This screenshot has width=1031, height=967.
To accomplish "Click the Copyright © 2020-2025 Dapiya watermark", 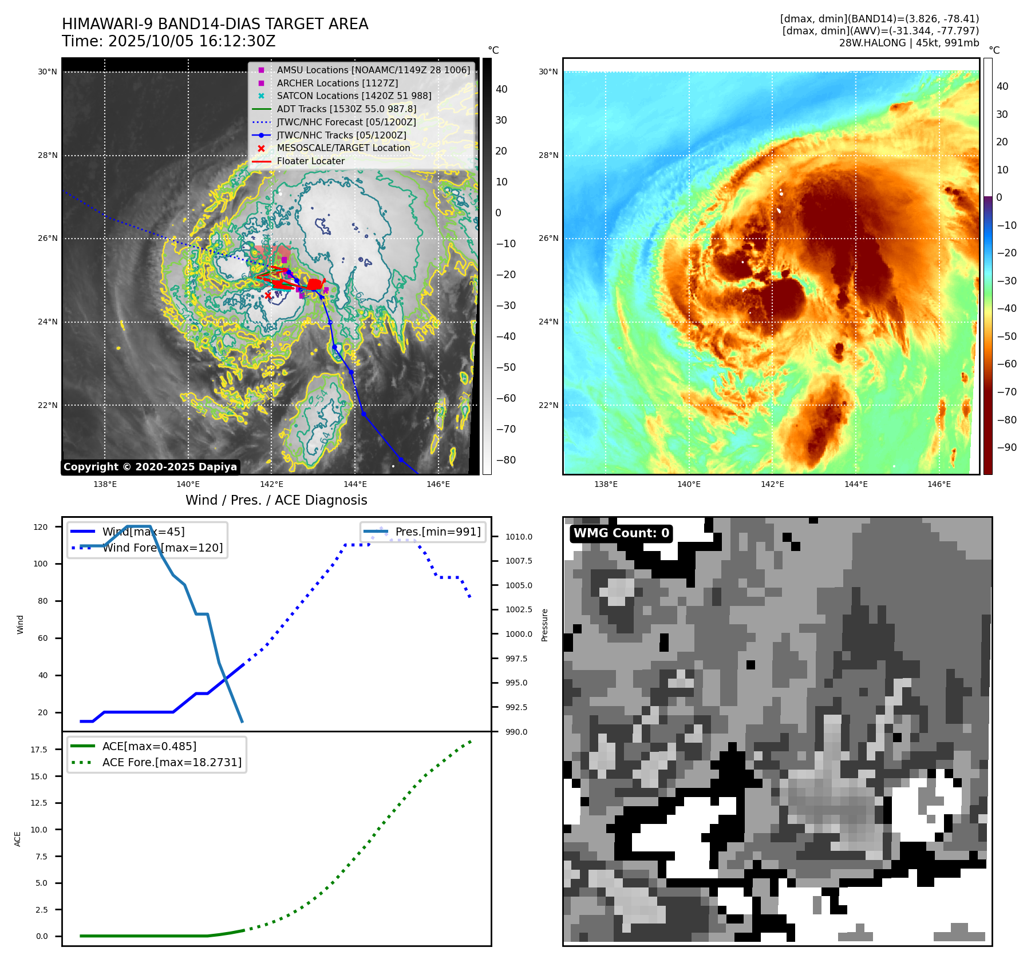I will (x=150, y=467).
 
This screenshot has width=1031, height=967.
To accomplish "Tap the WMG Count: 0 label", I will (x=621, y=533).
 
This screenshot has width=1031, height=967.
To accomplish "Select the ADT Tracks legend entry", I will (x=346, y=109).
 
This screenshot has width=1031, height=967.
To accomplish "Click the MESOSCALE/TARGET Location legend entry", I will (x=343, y=148).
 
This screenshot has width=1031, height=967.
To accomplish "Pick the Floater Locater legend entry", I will (x=310, y=161).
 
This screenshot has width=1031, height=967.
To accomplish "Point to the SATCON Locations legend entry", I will (x=354, y=96).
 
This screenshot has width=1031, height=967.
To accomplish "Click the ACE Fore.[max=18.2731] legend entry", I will (x=172, y=762).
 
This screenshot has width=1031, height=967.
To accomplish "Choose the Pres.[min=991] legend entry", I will (x=438, y=532).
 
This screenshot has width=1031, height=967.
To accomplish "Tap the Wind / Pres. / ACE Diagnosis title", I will (x=276, y=500).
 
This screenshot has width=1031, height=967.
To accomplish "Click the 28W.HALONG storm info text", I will (x=909, y=43).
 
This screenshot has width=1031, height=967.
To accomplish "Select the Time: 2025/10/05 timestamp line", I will (x=169, y=41).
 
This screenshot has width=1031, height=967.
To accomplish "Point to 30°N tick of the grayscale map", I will (x=48, y=72).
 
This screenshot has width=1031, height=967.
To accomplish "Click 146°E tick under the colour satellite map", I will (x=939, y=484).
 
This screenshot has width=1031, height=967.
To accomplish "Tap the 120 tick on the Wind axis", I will (x=41, y=527).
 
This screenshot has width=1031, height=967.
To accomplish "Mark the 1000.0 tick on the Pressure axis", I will (x=519, y=634).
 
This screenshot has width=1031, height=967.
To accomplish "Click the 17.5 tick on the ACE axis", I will (x=39, y=749).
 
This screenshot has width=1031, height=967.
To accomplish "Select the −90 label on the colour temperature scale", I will (x=1006, y=447).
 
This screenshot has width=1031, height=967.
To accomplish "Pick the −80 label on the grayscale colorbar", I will (x=505, y=460).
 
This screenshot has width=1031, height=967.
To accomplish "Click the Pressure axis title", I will (x=544, y=625).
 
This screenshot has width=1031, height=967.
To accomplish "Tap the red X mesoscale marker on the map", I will (x=268, y=295).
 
